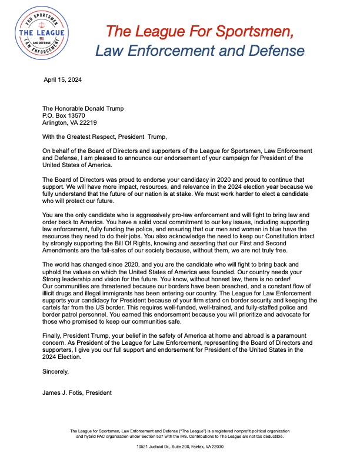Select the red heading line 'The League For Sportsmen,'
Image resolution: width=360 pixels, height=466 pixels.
pos(199,29)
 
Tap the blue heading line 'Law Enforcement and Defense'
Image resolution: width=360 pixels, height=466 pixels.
pos(200,51)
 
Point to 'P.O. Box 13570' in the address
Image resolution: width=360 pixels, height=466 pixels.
pos(66,116)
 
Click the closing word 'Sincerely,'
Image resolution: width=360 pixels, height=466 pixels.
pos(56,372)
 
